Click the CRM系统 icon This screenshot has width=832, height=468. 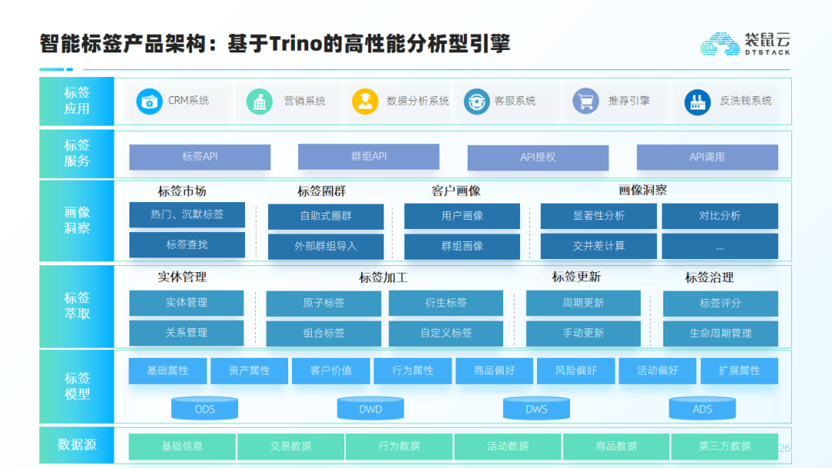149,101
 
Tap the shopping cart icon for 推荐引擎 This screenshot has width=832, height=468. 585,100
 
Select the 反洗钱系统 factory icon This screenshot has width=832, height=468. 697,102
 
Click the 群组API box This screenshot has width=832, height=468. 369,157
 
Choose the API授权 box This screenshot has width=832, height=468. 538,157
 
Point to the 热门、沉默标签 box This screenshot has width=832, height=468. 187,214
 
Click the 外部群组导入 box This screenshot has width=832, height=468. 326,246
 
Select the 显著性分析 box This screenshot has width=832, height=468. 599,216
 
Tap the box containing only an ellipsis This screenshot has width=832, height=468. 720,246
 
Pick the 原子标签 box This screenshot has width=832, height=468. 324,303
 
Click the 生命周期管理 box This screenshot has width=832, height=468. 720,333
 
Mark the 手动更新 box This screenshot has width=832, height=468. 583,333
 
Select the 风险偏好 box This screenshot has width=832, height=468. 575,370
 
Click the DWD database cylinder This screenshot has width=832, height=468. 371,408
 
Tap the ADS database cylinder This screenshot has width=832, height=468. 702,408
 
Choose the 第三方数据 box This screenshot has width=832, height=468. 725,446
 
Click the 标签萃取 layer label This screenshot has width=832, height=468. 77,306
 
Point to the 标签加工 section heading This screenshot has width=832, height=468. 383,278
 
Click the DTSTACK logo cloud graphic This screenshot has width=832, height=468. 720,43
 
